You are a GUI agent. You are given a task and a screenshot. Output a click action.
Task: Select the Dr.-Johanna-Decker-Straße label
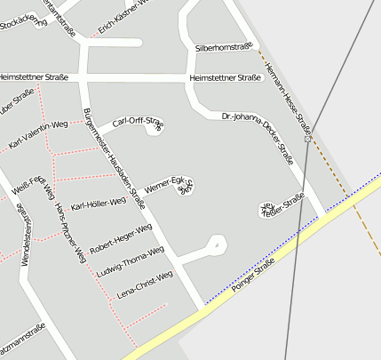tap(257, 135)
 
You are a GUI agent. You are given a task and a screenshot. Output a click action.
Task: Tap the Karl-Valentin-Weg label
tap(38, 133)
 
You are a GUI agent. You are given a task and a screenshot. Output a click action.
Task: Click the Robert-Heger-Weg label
tap(121, 238)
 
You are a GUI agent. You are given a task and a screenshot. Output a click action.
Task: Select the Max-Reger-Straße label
tap(282, 204)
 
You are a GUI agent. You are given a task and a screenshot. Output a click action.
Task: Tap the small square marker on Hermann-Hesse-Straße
tap(307, 139)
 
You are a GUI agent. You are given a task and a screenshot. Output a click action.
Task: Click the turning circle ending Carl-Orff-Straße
tap(154, 130)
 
